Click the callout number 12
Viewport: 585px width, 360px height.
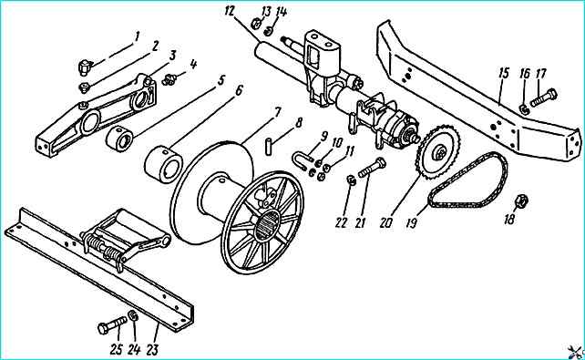[x=230, y=11]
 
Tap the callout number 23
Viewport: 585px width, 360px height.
[x=152, y=350]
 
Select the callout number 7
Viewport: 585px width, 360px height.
[x=277, y=113]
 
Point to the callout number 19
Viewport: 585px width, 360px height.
[x=412, y=222]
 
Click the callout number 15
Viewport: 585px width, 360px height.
[x=504, y=73]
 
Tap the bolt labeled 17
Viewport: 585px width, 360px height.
[x=543, y=98]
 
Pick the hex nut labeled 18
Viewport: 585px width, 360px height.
[x=521, y=201]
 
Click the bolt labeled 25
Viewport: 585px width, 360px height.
[x=113, y=325]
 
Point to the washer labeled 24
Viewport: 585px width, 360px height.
[x=133, y=315]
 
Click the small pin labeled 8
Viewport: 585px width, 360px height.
[x=269, y=146]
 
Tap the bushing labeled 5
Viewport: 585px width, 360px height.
[x=119, y=139]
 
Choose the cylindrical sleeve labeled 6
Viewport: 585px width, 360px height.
[x=163, y=163]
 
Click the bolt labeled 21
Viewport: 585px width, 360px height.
[x=372, y=169]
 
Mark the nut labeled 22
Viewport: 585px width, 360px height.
[x=351, y=180]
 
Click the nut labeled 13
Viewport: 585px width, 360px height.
[x=256, y=23]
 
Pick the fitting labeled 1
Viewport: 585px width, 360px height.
[x=85, y=67]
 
